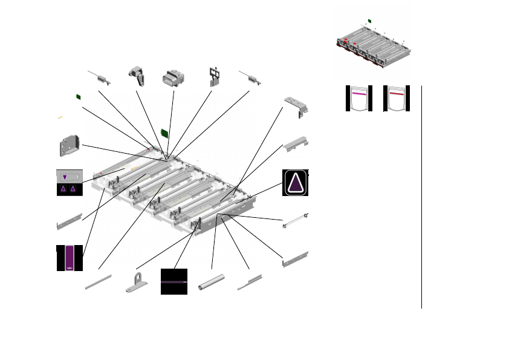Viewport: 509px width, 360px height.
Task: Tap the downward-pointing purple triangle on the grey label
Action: [x=65, y=177]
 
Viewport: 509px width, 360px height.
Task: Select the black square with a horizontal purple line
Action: [x=174, y=281]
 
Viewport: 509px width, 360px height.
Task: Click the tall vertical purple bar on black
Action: [x=70, y=257]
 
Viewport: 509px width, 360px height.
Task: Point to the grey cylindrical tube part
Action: [x=212, y=284]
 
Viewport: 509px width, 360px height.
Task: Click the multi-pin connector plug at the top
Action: [x=172, y=79]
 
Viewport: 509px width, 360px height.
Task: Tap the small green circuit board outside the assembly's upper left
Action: [x=79, y=96]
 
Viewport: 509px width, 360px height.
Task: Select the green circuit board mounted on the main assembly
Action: [x=164, y=133]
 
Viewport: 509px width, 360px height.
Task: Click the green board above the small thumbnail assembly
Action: [x=369, y=21]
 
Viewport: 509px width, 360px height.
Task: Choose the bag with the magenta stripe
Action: [x=359, y=99]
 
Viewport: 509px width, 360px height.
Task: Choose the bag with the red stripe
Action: [x=397, y=99]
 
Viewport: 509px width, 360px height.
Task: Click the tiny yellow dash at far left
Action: [x=60, y=117]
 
